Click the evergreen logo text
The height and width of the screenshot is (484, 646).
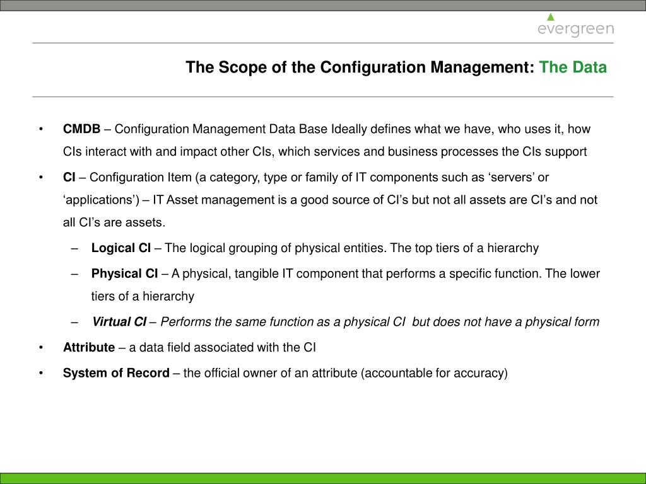tap(575, 30)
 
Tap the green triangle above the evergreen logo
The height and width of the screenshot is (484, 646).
tap(551, 16)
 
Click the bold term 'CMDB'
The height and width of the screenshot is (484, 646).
tap(81, 129)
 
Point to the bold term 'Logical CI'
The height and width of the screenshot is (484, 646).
tap(121, 248)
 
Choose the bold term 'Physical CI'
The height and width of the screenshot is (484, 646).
tap(125, 274)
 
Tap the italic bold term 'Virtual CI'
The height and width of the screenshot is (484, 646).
tap(119, 322)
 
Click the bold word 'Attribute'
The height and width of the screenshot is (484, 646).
tap(89, 347)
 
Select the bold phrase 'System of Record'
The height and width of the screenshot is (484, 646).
tap(116, 373)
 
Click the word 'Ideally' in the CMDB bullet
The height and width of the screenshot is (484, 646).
tap(349, 129)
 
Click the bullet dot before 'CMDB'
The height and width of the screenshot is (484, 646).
tap(41, 130)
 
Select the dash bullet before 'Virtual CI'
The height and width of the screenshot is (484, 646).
tap(76, 323)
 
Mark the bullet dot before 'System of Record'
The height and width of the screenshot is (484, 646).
tap(41, 374)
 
